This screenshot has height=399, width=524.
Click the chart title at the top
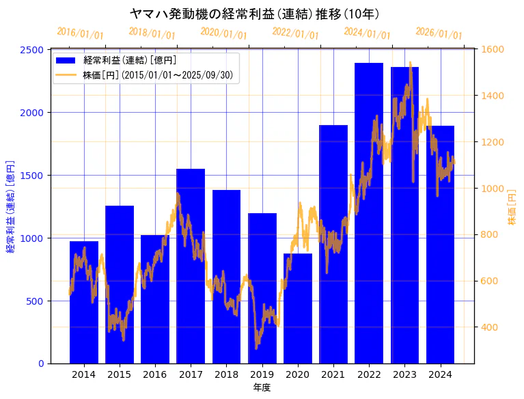coord(254,14)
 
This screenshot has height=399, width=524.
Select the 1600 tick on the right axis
coord(493,50)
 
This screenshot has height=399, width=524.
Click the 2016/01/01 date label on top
coord(81,33)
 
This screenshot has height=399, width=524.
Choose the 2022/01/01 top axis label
coord(295,33)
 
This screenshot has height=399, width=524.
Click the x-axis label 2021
coord(333,374)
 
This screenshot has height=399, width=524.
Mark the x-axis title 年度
coord(262,387)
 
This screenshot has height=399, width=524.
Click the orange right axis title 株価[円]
coord(512,206)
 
